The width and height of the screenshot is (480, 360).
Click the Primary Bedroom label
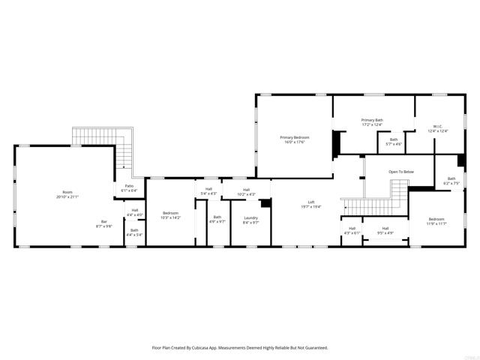[x=295, y=137]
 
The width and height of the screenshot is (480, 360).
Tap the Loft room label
[x=311, y=202]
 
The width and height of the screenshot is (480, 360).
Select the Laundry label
[x=250, y=218]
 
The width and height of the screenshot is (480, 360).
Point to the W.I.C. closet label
[x=438, y=126]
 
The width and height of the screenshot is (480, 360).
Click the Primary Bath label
[x=372, y=120]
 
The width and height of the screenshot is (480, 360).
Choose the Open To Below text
[x=400, y=172]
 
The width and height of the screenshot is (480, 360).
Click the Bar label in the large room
[x=104, y=221]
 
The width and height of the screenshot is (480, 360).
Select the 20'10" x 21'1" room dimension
[x=68, y=196]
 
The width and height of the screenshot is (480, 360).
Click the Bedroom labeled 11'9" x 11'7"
[x=436, y=220]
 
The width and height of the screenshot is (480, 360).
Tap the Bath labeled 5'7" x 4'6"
[x=394, y=139]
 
